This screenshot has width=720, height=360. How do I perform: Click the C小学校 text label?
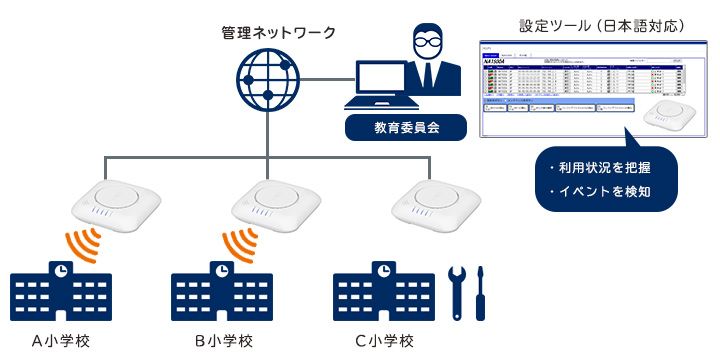coord(384,341)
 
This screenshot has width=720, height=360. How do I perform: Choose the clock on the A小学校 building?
coord(60,269)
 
